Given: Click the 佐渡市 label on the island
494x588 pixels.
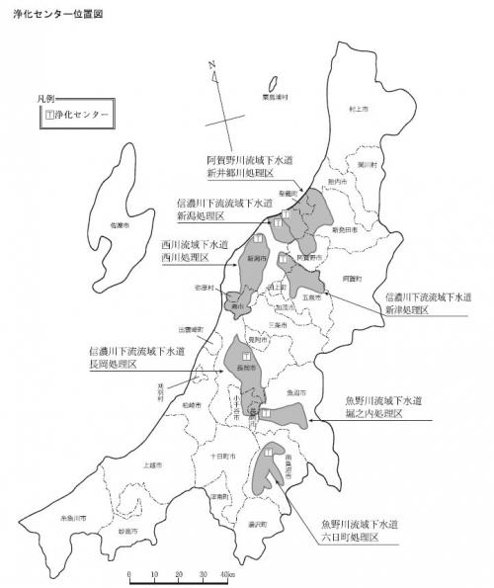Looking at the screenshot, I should pyautogui.click(x=120, y=226).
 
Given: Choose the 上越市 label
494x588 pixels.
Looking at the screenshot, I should pyautogui.click(x=151, y=463).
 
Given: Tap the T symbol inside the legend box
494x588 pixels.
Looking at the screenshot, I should pyautogui.click(x=51, y=116).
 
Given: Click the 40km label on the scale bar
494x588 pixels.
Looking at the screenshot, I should pyautogui.click(x=227, y=575).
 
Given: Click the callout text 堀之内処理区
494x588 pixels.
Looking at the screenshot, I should pyautogui.click(x=371, y=414).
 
